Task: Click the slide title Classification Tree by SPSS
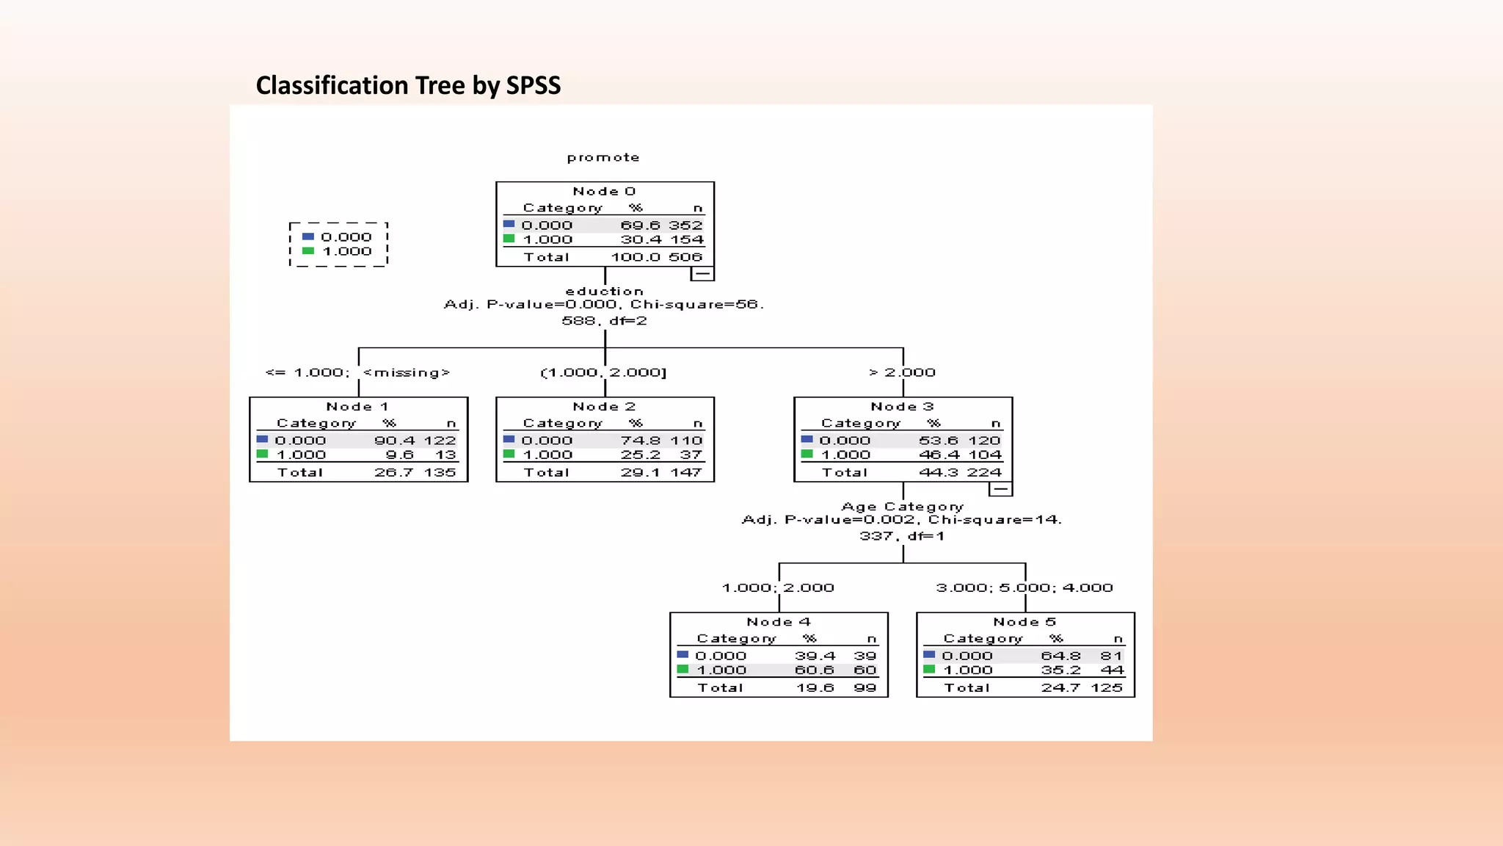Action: click(x=408, y=86)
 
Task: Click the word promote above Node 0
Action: click(x=603, y=158)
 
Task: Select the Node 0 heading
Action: click(x=604, y=192)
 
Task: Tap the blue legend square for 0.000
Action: click(x=308, y=236)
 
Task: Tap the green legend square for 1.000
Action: click(x=308, y=251)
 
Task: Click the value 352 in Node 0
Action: click(x=685, y=225)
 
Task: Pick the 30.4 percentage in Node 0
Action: click(x=641, y=240)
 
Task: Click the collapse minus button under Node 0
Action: click(x=702, y=274)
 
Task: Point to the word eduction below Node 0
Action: click(x=604, y=292)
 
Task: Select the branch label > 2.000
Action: click(x=902, y=373)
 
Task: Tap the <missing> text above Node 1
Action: click(x=406, y=373)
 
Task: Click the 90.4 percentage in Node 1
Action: click(x=394, y=441)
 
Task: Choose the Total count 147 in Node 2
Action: click(x=685, y=473)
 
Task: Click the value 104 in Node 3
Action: click(x=984, y=455)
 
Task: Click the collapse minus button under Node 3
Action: click(x=1000, y=489)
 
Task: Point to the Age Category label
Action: click(x=902, y=507)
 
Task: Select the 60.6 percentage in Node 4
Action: click(x=815, y=670)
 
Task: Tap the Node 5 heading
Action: click(x=1025, y=622)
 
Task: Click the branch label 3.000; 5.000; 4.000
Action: click(x=1025, y=588)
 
